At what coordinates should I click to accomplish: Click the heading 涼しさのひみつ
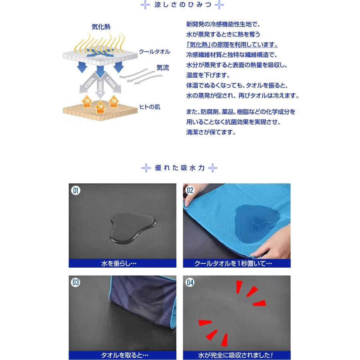click(180, 5)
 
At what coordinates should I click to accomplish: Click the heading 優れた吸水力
click(180, 168)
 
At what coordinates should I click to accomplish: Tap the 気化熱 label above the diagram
click(101, 27)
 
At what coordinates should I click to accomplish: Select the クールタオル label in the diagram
click(154, 52)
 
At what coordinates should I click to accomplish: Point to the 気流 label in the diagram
click(162, 68)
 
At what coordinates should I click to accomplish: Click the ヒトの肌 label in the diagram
click(150, 107)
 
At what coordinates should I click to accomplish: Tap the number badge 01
click(76, 190)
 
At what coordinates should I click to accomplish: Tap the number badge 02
click(190, 190)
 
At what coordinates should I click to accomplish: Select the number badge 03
click(76, 282)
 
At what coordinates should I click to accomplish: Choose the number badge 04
click(190, 282)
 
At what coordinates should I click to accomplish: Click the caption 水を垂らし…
click(122, 263)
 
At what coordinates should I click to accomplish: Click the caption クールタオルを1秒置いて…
click(236, 263)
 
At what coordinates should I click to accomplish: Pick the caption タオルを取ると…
click(122, 355)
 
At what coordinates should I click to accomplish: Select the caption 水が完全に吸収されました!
click(236, 355)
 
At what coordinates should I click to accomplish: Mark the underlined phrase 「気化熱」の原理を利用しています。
click(232, 45)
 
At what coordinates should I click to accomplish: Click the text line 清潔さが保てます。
click(211, 132)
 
